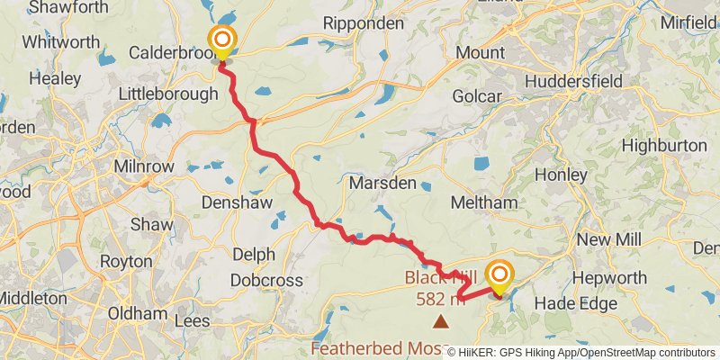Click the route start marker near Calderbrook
tap(220, 41)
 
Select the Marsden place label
tap(382, 183)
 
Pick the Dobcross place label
tap(266, 281)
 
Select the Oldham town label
tap(137, 313)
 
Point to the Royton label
tap(127, 261)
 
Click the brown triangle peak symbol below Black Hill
tap(441, 320)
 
